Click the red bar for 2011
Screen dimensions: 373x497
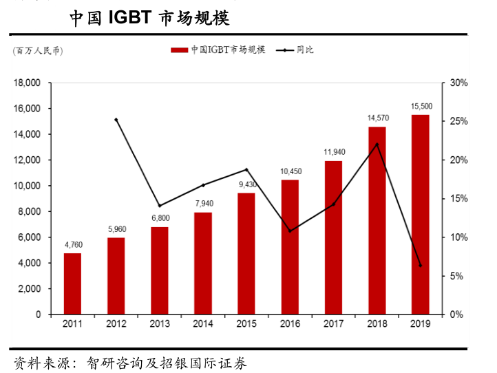pyautogui.click(x=72, y=284)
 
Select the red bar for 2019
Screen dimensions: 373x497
pyautogui.click(x=420, y=214)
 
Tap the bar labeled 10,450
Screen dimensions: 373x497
pyautogui.click(x=290, y=246)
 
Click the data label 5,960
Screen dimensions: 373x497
pyautogui.click(x=116, y=229)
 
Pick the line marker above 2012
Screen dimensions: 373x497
pyautogui.click(x=116, y=120)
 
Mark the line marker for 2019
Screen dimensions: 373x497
pyautogui.click(x=420, y=265)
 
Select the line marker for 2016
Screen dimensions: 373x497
pyautogui.click(x=290, y=231)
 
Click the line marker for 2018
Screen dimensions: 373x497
pyautogui.click(x=377, y=145)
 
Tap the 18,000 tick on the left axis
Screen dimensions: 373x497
pyautogui.click(x=27, y=83)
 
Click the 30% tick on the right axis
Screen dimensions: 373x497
pyautogui.click(x=459, y=83)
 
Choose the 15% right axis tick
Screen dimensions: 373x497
pyautogui.click(x=459, y=199)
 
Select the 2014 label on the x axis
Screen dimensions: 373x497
pyautogui.click(x=203, y=324)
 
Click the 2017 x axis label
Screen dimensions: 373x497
pyautogui.click(x=333, y=324)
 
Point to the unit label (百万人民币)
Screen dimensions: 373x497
pyautogui.click(x=37, y=50)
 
